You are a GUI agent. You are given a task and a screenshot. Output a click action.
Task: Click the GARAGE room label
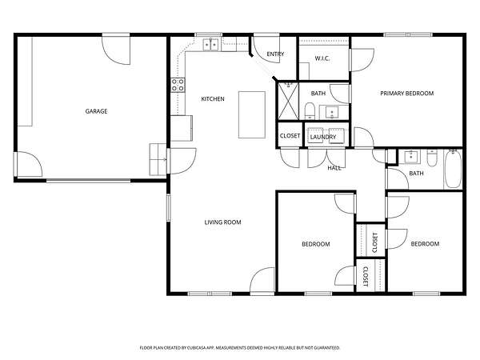coord(96,111)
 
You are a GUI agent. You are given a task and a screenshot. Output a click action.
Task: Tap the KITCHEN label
coord(213,99)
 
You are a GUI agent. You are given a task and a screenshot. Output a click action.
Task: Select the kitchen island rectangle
coord(252,114)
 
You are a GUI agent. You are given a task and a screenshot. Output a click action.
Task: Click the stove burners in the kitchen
coord(178,85)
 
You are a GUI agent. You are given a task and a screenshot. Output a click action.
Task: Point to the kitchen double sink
coord(211,45)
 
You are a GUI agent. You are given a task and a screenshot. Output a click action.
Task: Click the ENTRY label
coord(275,54)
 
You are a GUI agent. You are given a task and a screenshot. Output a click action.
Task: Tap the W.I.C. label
coord(322,58)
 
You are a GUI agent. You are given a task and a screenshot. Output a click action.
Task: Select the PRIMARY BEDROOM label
coord(407,94)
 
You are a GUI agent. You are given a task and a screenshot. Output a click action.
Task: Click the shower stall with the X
coord(288,101)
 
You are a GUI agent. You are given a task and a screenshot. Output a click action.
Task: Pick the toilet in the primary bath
coord(310,111)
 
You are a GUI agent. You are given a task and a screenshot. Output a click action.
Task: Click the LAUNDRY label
coord(323,137)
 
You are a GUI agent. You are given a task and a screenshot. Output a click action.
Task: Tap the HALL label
coord(334,168)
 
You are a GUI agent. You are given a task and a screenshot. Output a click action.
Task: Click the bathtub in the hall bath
coord(453,170)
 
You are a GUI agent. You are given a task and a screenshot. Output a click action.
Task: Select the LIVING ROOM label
coord(222,222)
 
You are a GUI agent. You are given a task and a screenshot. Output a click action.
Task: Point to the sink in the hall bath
coord(410,158)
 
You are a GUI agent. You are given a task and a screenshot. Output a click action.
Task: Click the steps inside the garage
coord(158,159)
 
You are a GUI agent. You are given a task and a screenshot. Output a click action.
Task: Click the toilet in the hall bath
coord(432,158)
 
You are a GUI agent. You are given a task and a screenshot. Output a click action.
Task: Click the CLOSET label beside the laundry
coord(290,136)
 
